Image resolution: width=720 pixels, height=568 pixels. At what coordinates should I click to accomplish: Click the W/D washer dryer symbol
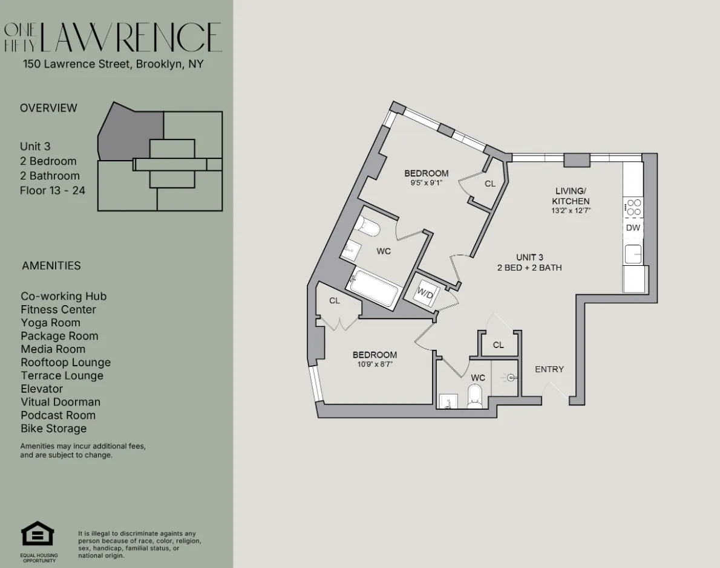click(x=426, y=294)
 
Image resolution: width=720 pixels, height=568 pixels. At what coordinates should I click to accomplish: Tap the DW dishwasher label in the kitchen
click(x=633, y=228)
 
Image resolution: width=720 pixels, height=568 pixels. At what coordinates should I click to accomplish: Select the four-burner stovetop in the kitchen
click(x=633, y=207)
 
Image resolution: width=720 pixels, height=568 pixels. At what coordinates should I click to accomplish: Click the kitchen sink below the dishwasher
click(x=633, y=254)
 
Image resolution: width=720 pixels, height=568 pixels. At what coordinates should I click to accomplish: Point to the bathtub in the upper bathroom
click(x=375, y=289)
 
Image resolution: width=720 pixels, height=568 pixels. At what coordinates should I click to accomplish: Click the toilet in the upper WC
click(x=368, y=227)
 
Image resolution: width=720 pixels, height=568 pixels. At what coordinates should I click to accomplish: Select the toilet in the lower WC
click(x=475, y=397)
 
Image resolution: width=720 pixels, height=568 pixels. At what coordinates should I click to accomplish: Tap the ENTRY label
click(x=549, y=369)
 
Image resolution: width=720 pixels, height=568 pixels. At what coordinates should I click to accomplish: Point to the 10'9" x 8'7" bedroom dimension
click(x=375, y=364)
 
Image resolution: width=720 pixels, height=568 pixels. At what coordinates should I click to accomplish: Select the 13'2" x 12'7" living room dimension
click(x=571, y=211)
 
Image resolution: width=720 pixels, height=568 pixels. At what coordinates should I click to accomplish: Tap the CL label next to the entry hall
click(x=499, y=345)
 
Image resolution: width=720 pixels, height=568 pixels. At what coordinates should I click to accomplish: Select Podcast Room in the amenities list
click(x=58, y=415)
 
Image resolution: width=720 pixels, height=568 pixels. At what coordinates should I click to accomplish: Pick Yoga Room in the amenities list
click(x=50, y=323)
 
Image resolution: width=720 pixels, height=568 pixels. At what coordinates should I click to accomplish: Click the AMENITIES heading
click(x=51, y=265)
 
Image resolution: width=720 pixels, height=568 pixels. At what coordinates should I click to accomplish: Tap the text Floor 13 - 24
click(x=53, y=190)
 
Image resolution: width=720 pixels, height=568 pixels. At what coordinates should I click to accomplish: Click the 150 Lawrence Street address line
click(x=113, y=63)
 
